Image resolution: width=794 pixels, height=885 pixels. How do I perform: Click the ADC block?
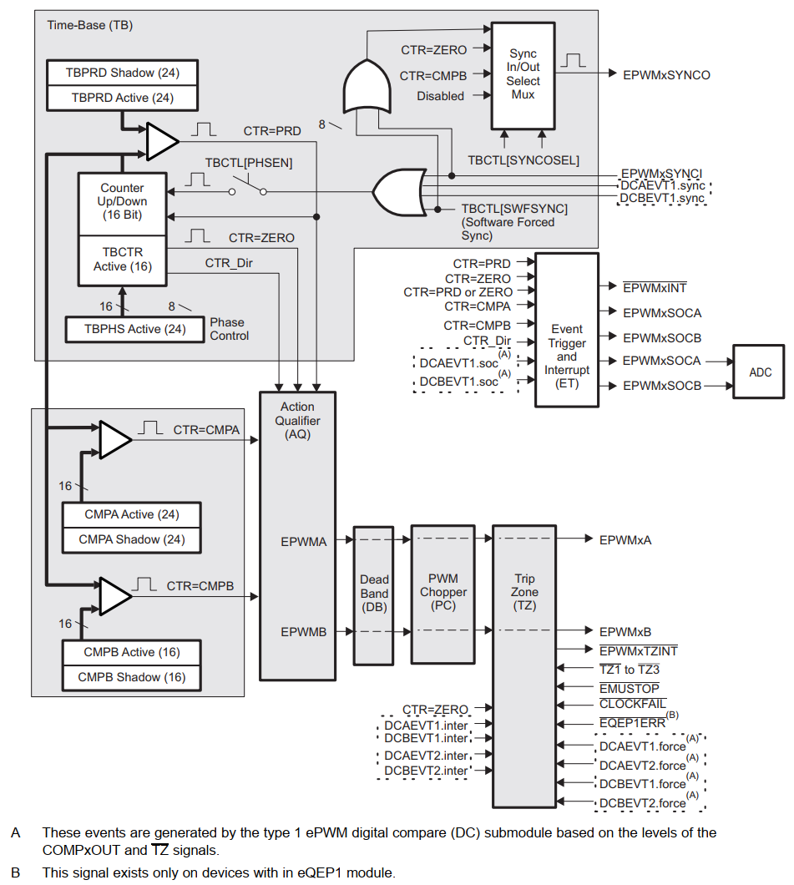[x=760, y=372]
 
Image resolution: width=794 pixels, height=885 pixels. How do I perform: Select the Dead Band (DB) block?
[x=374, y=593]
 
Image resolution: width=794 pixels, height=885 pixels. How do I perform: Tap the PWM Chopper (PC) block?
[x=443, y=593]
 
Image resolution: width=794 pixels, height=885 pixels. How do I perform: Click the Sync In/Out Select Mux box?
[x=523, y=74]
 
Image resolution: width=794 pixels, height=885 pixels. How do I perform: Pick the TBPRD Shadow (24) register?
[x=123, y=73]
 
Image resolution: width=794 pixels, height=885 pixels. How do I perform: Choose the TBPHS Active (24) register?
[x=134, y=329]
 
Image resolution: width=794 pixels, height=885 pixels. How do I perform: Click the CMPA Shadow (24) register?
[x=131, y=539]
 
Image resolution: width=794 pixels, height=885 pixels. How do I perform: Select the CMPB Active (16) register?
[x=131, y=652]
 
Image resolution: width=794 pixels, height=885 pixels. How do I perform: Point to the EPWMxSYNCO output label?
[x=666, y=75]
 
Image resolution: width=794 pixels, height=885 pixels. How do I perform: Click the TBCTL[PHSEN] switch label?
[x=249, y=163]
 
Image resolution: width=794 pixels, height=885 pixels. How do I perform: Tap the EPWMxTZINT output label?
[x=639, y=650]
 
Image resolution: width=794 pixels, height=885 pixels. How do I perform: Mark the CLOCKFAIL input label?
[x=632, y=705]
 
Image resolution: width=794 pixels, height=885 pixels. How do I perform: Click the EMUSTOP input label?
[x=629, y=688]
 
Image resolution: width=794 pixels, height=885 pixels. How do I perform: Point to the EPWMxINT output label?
[x=655, y=287]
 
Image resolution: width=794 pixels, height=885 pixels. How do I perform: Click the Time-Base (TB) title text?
[x=89, y=25]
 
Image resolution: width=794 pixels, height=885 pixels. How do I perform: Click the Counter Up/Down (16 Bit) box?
[x=122, y=201]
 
